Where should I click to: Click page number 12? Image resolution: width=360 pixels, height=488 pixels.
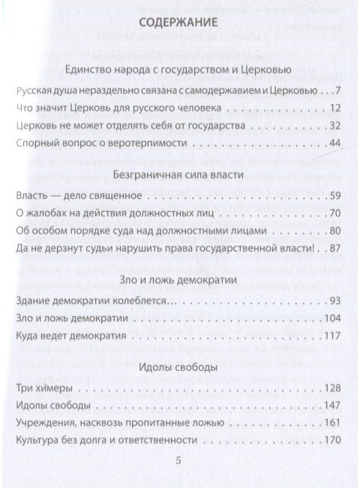click(336, 109)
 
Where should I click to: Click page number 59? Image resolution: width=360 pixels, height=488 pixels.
click(335, 196)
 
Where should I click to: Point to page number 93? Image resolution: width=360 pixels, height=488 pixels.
click(335, 301)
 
